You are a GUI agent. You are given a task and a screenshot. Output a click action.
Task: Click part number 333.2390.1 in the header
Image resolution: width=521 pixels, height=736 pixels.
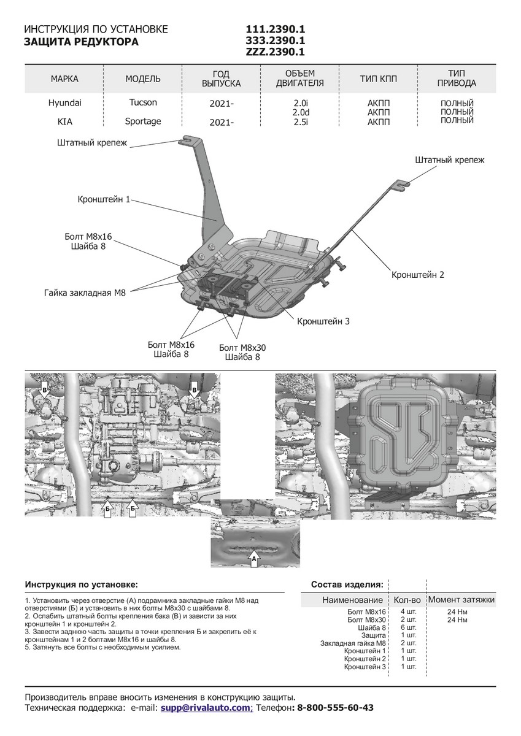click(275, 40)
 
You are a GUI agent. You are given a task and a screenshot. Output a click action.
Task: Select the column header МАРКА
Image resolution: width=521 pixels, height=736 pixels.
click(64, 79)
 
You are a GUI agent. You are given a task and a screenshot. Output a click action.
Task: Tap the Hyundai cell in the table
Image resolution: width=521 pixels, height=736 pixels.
click(64, 104)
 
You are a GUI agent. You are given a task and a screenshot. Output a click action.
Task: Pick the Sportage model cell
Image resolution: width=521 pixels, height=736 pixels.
click(143, 121)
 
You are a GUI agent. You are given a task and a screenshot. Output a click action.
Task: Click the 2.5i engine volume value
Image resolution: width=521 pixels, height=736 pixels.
click(300, 121)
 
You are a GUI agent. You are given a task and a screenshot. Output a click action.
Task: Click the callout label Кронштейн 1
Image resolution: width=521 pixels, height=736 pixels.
click(104, 199)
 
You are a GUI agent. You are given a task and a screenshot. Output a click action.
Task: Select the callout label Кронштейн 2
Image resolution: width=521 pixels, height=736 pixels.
click(417, 275)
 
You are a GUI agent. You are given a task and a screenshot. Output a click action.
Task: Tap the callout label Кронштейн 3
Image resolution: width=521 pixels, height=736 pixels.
click(323, 321)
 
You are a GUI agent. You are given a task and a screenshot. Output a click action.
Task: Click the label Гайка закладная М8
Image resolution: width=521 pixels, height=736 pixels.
click(85, 293)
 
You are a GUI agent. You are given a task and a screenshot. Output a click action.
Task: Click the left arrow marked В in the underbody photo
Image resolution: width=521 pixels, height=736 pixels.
click(44, 388)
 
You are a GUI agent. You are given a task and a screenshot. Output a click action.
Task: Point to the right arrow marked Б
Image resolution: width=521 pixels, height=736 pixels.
click(132, 508)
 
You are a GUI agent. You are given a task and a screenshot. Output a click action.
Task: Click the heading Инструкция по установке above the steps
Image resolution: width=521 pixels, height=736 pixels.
click(82, 584)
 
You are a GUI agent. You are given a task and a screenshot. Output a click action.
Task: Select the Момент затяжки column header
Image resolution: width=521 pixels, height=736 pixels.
click(461, 599)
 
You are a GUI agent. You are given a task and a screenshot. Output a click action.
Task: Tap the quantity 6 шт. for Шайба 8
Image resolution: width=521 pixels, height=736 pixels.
click(408, 627)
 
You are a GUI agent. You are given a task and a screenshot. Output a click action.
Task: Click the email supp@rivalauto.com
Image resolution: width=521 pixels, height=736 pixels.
click(206, 708)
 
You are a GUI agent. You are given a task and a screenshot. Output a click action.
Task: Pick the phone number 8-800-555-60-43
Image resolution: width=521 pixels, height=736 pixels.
click(334, 708)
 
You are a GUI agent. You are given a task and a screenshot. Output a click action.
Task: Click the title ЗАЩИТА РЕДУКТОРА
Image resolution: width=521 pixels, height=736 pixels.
click(81, 42)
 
